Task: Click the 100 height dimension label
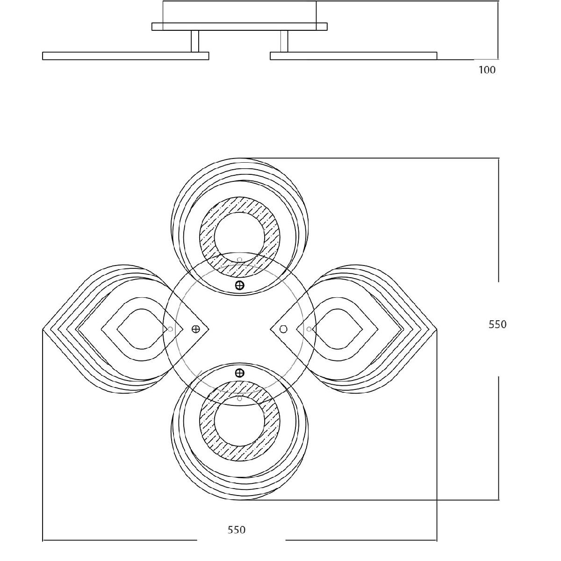point(487,70)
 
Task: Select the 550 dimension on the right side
point(497,324)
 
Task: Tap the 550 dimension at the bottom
point(237,530)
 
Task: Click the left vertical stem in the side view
point(195,41)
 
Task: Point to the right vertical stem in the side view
point(284,41)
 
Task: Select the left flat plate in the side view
point(125,56)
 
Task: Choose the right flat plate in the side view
point(353,56)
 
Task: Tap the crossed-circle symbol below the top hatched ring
point(239,285)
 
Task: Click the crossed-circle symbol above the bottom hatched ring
point(239,373)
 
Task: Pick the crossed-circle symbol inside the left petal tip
point(196,329)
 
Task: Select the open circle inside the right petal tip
point(283,329)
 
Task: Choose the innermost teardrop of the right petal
point(342,329)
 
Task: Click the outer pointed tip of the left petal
point(44,329)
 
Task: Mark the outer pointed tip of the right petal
point(436,329)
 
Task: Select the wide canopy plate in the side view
point(239,27)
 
